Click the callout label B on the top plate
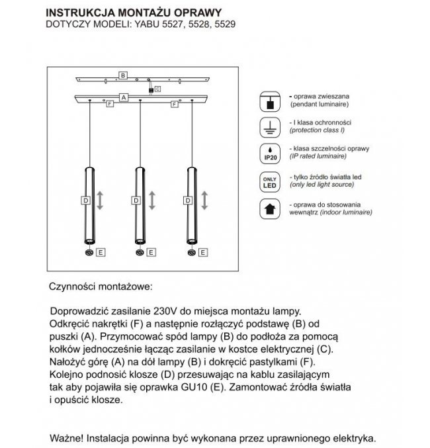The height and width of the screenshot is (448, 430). (x=123, y=75)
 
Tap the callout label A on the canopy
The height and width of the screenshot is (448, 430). (x=123, y=97)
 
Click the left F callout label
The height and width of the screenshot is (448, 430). (x=107, y=104)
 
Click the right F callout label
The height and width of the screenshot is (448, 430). (x=175, y=104)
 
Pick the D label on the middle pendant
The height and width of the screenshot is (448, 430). (x=136, y=200)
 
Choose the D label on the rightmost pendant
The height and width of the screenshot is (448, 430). (x=187, y=200)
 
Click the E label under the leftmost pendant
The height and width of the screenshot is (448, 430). (x=100, y=252)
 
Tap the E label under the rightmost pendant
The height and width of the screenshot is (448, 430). (x=202, y=252)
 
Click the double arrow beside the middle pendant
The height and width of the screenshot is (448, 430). (x=152, y=200)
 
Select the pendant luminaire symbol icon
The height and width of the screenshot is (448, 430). (x=270, y=101)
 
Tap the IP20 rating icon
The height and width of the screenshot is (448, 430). (x=270, y=154)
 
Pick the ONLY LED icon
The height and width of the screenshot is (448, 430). (x=270, y=181)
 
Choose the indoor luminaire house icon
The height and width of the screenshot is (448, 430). (x=270, y=209)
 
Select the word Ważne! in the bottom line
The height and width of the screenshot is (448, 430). (x=68, y=438)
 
